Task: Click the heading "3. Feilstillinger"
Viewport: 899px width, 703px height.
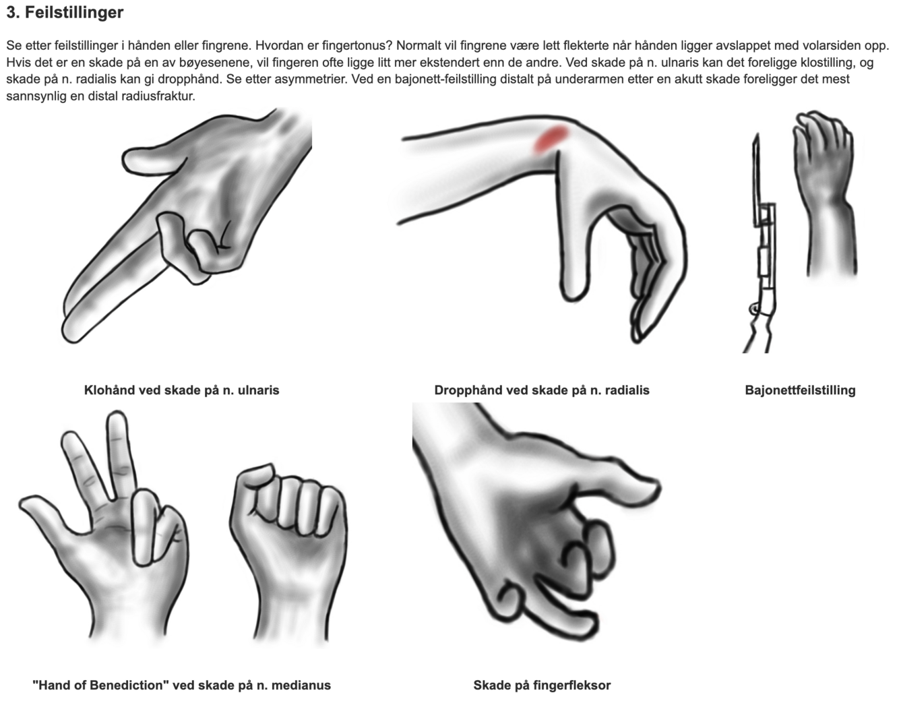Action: (65, 12)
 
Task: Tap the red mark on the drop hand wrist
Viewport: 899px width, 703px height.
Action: (551, 138)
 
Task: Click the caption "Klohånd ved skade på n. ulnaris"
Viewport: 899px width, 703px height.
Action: (181, 390)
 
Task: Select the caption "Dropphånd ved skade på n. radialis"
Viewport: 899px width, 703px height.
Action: (542, 390)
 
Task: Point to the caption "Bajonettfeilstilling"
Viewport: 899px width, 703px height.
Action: (800, 390)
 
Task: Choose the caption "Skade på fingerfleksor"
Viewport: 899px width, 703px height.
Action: (542, 685)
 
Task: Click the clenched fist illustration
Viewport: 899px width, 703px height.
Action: (290, 539)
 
